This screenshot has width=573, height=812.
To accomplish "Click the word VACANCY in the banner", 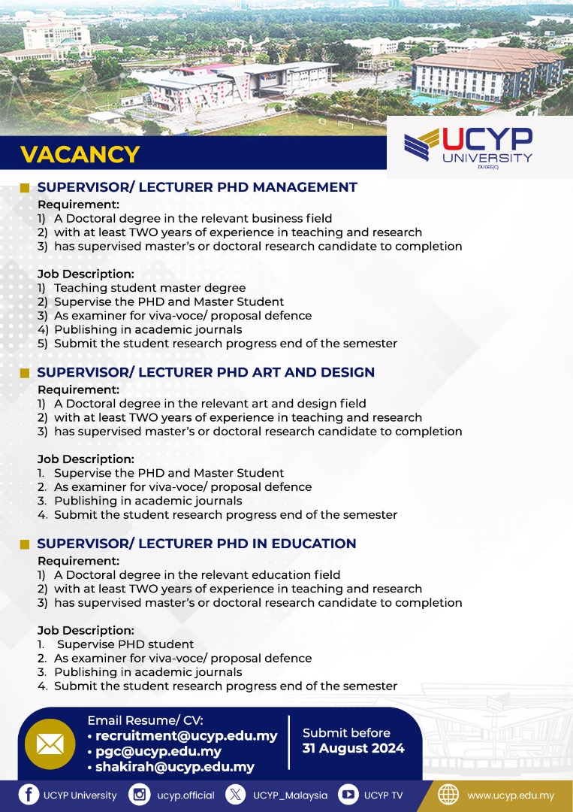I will tap(80, 154).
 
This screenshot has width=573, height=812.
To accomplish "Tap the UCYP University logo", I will tap(468, 147).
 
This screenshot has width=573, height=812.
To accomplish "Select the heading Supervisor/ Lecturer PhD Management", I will tap(197, 187).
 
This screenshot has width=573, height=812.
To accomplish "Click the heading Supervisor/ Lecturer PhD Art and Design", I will tap(206, 372).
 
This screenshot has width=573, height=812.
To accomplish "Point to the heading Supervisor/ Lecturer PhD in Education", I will tap(197, 544).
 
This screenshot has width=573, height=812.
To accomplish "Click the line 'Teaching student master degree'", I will tap(149, 288).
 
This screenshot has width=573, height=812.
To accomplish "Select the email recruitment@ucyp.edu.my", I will tap(186, 736).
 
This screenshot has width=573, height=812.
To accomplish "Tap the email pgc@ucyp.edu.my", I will tap(158, 751).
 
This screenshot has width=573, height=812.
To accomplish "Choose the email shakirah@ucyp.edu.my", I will tap(174, 767).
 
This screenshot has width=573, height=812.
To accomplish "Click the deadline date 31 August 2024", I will tap(353, 748).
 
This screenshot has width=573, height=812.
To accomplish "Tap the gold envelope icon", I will tap(50, 744).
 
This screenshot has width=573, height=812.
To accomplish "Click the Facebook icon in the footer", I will tap(29, 795).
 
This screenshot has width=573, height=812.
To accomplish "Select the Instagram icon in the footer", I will tap(139, 795).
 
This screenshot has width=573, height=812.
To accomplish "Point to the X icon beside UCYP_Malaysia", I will tap(236, 795).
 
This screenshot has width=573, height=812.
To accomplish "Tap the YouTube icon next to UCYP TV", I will tap(348, 795).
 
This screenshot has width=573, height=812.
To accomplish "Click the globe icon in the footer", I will tap(448, 795).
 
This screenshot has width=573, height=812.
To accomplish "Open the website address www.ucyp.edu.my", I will tap(511, 795).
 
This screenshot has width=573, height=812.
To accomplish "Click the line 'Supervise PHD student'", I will tap(125, 644).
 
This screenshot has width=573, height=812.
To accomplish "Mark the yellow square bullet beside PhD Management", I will tap(25, 188).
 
